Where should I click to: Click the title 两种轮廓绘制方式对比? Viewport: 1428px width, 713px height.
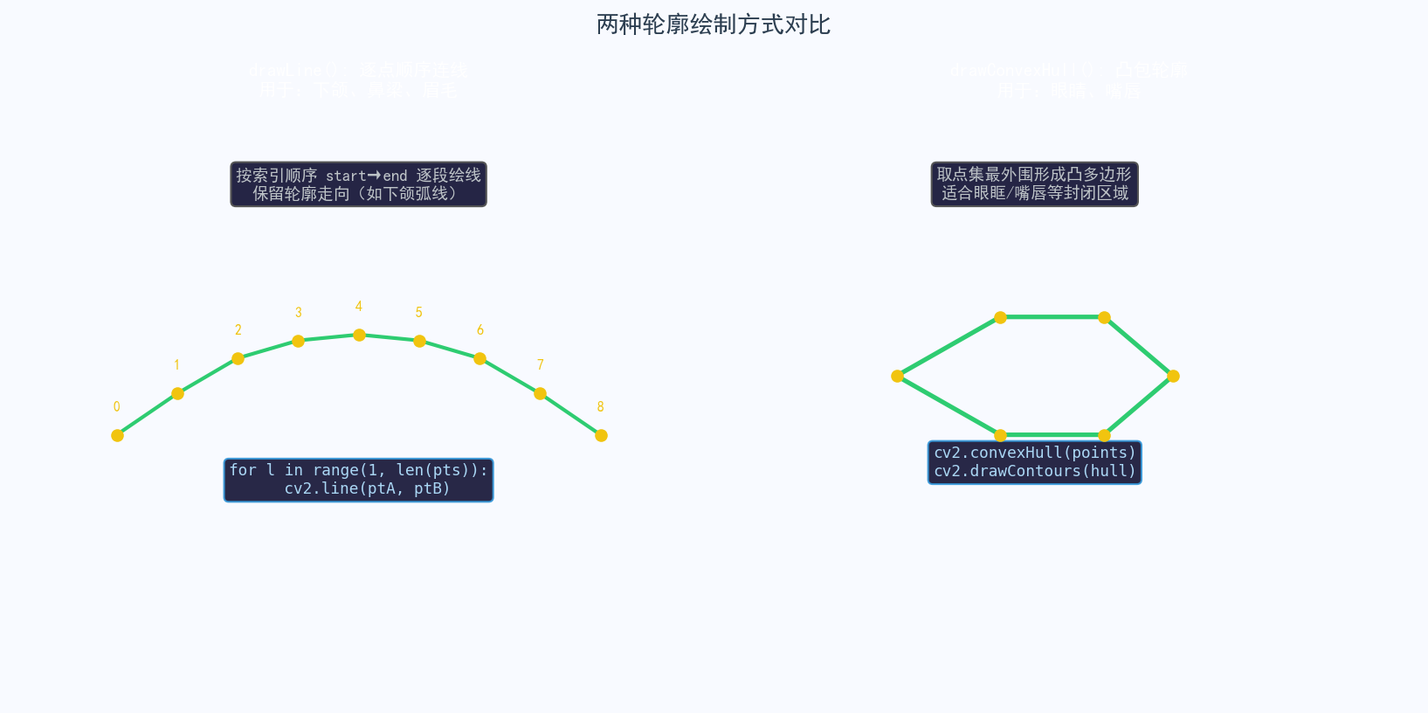[713, 24]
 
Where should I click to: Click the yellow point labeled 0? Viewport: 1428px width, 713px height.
[117, 435]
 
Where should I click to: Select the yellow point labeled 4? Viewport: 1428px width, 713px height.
[359, 335]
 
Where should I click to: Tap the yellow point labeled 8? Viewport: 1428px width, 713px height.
[601, 435]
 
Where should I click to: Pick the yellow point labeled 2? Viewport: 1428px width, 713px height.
[238, 358]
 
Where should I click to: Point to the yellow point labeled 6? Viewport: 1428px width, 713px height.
[479, 358]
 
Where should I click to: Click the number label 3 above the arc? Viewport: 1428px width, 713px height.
[299, 313]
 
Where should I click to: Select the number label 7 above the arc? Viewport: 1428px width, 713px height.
[541, 364]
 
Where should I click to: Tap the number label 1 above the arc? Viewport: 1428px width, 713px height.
[176, 365]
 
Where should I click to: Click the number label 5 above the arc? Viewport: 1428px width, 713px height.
[419, 313]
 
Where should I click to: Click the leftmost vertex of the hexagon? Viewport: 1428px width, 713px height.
[897, 376]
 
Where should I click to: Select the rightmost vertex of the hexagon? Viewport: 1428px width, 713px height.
[1173, 376]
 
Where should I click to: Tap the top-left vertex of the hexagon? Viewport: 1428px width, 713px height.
[1001, 317]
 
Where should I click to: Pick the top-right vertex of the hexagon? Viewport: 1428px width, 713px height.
[1104, 317]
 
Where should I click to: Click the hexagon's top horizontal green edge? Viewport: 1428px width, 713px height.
[1052, 317]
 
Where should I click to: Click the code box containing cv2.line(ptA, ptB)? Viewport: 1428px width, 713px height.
[358, 480]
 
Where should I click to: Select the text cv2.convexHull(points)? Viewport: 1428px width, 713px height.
[1035, 453]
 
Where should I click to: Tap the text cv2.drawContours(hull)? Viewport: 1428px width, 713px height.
[1035, 472]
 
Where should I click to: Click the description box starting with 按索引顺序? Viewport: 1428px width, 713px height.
[358, 184]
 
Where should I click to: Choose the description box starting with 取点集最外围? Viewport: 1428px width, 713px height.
[1034, 184]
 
